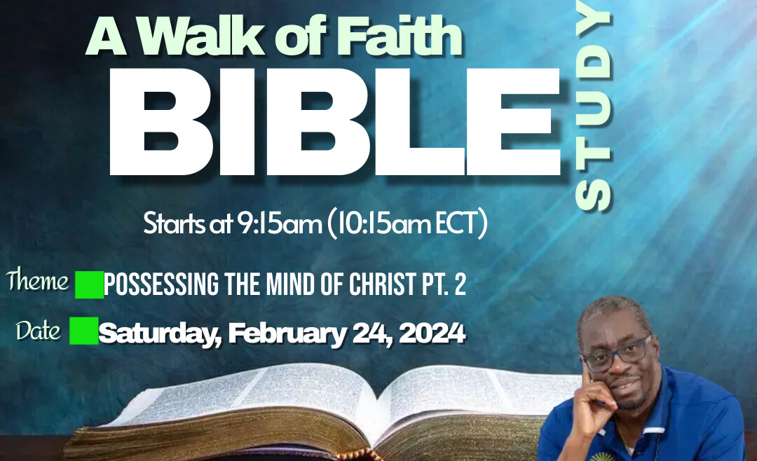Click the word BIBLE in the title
(x=334, y=122)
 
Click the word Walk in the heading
(x=203, y=36)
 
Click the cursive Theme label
(x=38, y=280)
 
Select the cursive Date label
(x=38, y=331)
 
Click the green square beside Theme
(x=89, y=285)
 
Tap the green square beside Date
(x=84, y=331)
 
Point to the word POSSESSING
(x=161, y=284)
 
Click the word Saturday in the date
(x=160, y=333)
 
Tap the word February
(x=286, y=333)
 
